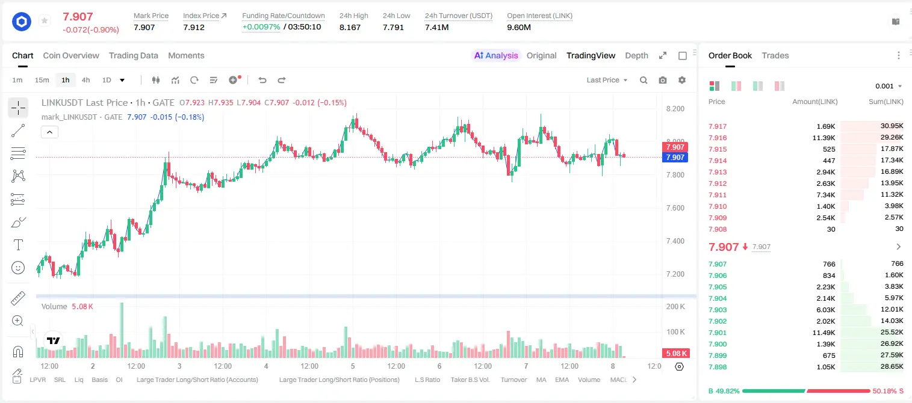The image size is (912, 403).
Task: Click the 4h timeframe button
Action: coord(85,80)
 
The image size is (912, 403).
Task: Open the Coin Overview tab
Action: coord(71,55)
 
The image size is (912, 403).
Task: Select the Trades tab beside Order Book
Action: coord(775,55)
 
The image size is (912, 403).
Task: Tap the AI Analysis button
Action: coord(496,55)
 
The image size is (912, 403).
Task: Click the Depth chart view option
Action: coord(636,55)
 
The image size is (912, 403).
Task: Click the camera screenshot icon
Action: coord(663,80)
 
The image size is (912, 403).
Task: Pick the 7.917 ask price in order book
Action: coord(718,126)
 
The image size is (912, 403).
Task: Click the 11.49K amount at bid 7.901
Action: coord(824,333)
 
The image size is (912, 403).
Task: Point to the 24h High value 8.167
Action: coord(350,27)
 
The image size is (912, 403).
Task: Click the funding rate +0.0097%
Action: coord(261,27)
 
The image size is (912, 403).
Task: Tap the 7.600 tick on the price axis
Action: coord(675,208)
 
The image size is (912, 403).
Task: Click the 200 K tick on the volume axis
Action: coord(675,307)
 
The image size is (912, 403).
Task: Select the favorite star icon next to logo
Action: coord(45,20)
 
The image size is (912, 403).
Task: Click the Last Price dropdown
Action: coord(607,80)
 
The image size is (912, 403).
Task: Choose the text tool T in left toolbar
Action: coord(18,245)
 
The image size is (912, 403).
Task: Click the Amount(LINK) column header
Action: coord(814,102)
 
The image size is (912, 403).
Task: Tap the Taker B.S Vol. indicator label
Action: coord(470,380)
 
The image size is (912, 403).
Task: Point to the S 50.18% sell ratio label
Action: coord(887,391)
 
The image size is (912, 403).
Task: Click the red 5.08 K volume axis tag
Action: coord(675,354)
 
